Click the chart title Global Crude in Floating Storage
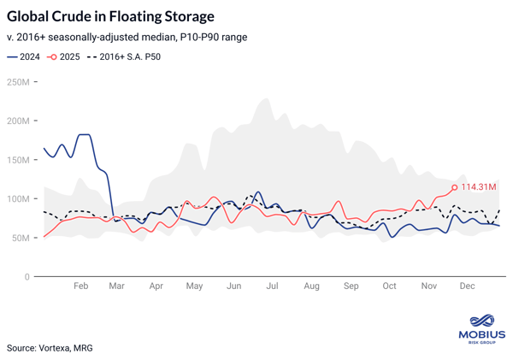[x=110, y=16]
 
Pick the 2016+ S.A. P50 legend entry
[x=123, y=57]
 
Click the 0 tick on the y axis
[x=27, y=277]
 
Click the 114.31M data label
[x=479, y=187]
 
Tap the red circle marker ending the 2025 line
[x=454, y=187]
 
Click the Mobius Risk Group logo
[x=482, y=328]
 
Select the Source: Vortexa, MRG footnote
[x=50, y=348]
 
